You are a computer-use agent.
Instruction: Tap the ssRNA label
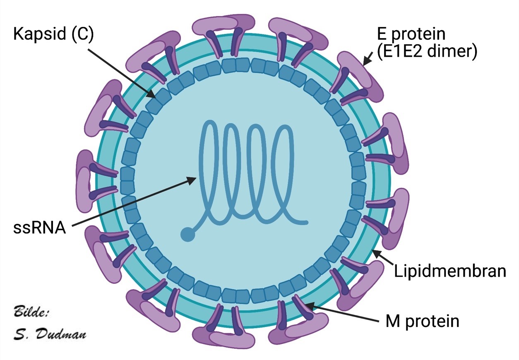click(x=40, y=227)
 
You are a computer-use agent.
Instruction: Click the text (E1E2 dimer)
click(x=427, y=52)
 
